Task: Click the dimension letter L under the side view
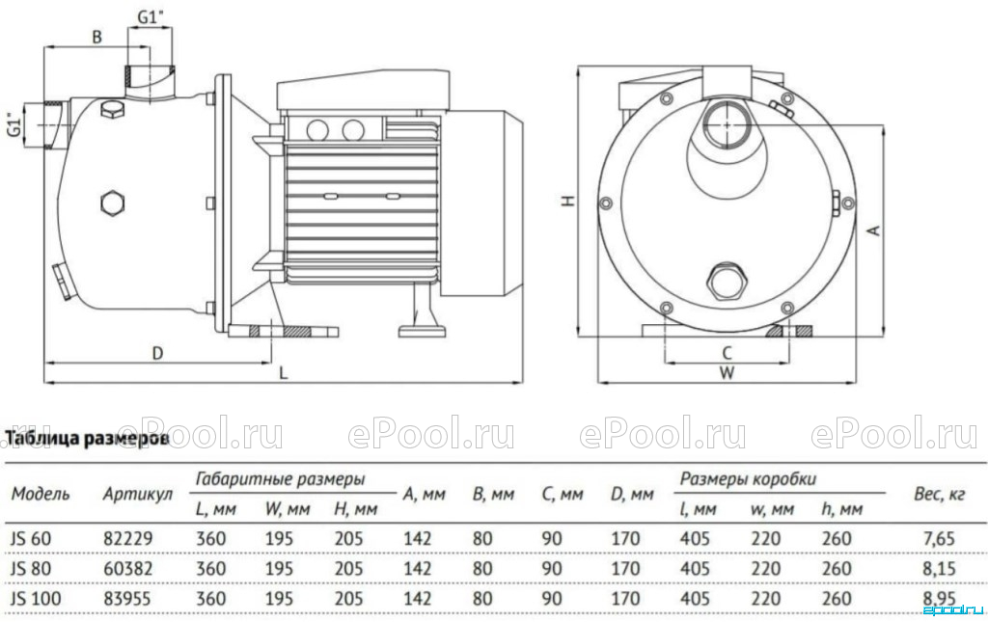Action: coord(284,372)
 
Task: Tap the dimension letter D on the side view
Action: coord(157,353)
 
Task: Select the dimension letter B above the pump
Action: coord(97,38)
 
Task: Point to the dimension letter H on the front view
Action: coord(569,201)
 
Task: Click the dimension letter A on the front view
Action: coord(874,230)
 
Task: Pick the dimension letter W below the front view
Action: coord(727,372)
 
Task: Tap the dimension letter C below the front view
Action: coord(727,353)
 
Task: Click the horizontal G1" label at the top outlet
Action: coord(151,17)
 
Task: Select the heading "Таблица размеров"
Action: coord(88,438)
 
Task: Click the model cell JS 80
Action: coord(31,569)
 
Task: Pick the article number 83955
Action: coord(127,598)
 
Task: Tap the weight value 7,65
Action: coord(939,539)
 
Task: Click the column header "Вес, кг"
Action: coord(939,494)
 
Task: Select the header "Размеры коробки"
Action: coord(748,479)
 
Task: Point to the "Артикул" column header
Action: coord(137,495)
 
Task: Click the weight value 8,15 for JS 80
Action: coord(939,569)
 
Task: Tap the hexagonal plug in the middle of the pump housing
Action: coord(112,203)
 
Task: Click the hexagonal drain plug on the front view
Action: coord(727,281)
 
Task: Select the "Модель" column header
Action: coord(41,494)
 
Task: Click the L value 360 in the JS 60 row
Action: coord(211,539)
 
